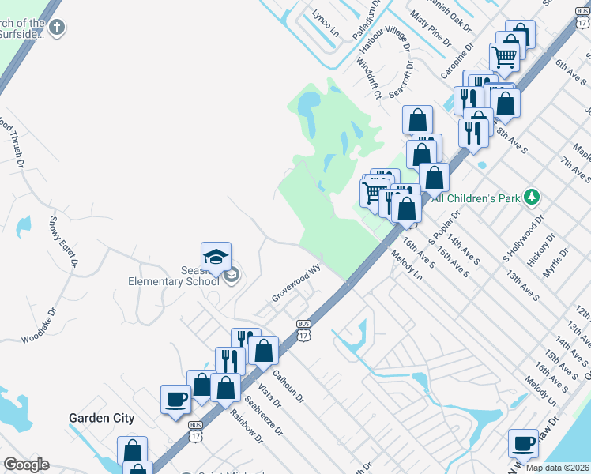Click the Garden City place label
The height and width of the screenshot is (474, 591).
coord(101,418)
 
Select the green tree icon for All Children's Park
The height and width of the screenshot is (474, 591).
coord(533,196)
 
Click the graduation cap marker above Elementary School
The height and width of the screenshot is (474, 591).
coord(216,257)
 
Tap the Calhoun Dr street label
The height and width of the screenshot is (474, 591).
coord(288,386)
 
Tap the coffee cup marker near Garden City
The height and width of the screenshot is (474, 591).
coord(175,399)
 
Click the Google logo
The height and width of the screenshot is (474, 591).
coord(26,465)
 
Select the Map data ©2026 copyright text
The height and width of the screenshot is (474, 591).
coord(557,468)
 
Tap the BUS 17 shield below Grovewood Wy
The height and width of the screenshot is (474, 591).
coord(303,329)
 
